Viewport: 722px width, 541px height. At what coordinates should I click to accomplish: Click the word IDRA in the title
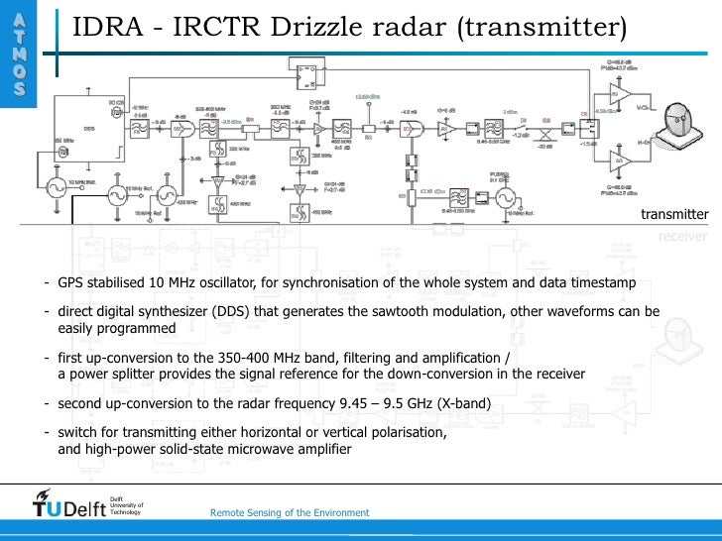click(108, 28)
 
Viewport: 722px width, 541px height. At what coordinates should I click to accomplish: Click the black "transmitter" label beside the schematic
click(674, 214)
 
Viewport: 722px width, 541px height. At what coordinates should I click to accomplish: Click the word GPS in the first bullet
click(72, 282)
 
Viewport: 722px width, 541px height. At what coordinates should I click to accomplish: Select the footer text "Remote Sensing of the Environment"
click(290, 512)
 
